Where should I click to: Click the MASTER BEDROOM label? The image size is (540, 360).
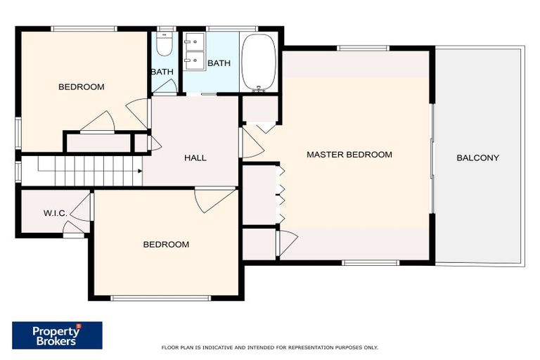[349, 155]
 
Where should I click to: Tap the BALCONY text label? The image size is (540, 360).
[477, 157]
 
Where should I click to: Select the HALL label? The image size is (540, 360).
[195, 157]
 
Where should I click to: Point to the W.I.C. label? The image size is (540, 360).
[55, 212]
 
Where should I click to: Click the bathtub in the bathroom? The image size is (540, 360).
[260, 62]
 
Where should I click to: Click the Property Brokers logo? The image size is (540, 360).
[57, 335]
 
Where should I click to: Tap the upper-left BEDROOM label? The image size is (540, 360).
[81, 87]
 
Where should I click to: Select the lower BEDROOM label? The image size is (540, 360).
[166, 245]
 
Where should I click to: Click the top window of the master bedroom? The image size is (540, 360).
[362, 48]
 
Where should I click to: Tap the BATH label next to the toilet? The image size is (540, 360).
[162, 72]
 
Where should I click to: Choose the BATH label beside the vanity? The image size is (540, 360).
[219, 63]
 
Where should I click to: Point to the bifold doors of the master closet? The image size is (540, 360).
[281, 194]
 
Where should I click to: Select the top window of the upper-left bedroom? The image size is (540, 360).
[84, 29]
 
